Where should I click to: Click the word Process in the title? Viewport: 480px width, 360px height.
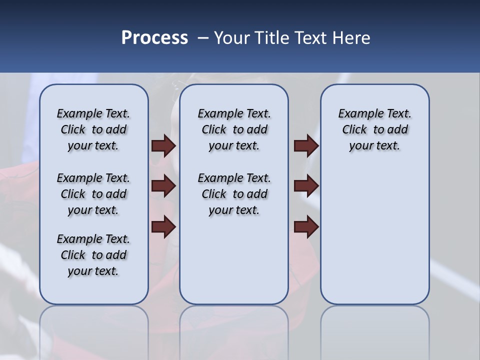click(x=154, y=38)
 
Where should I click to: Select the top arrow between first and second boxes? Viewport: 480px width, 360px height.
click(x=163, y=146)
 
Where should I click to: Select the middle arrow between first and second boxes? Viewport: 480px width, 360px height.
click(x=163, y=186)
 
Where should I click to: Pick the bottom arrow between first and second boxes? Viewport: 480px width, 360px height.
click(x=163, y=227)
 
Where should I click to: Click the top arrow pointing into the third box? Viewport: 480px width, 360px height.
click(x=306, y=146)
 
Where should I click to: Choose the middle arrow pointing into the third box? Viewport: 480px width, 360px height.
click(x=306, y=186)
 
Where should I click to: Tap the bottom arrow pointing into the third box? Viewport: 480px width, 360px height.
click(x=306, y=227)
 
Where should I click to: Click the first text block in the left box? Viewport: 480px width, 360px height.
click(x=93, y=129)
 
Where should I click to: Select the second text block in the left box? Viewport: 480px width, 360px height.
click(x=93, y=194)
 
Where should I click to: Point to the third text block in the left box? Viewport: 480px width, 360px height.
click(x=93, y=255)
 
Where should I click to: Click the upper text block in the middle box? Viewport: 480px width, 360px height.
click(x=234, y=129)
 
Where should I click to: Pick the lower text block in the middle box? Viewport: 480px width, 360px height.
click(x=234, y=194)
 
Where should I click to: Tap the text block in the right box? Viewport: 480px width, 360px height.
click(x=374, y=129)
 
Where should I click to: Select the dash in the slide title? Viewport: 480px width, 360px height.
click(x=203, y=38)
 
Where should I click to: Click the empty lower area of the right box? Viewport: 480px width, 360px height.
click(x=374, y=240)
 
